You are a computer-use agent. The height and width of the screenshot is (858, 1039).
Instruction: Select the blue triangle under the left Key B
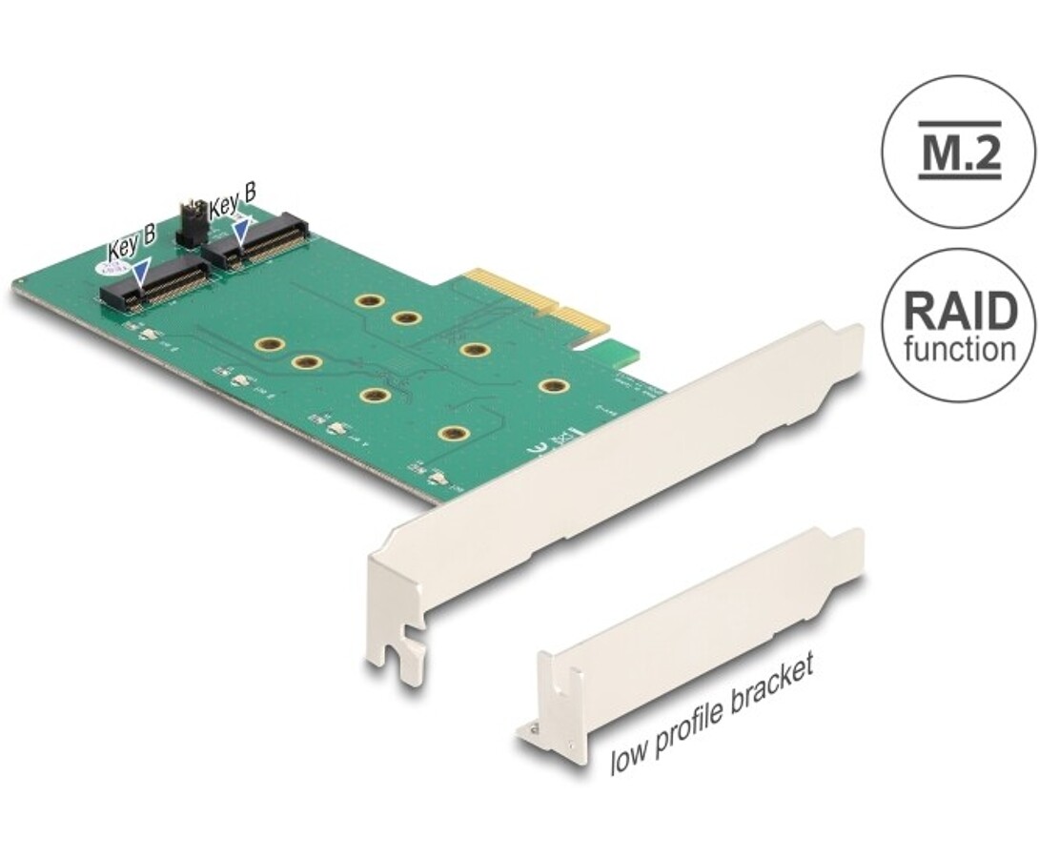(141, 274)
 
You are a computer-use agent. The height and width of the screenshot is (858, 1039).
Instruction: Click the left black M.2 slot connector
(157, 283)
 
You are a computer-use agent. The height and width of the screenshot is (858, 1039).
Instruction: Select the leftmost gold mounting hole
(270, 344)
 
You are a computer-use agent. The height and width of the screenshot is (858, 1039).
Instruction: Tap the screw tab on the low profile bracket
(531, 730)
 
